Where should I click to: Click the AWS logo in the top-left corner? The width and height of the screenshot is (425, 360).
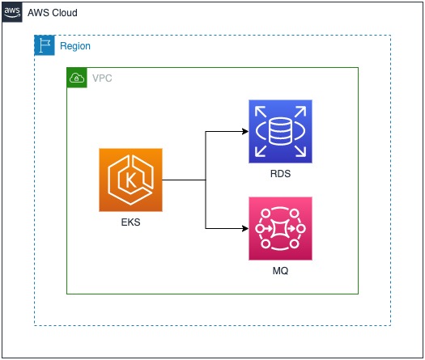12,14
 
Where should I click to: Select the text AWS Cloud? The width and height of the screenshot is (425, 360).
53,15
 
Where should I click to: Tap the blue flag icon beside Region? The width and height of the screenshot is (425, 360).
45,46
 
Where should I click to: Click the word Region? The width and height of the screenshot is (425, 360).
75,47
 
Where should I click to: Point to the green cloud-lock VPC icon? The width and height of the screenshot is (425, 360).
77,78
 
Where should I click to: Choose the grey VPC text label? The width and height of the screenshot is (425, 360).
103,78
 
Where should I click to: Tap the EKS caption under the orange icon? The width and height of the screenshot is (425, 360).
130,222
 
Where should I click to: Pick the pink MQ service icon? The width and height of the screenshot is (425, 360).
280,228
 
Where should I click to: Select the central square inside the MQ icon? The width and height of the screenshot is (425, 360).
280,229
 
